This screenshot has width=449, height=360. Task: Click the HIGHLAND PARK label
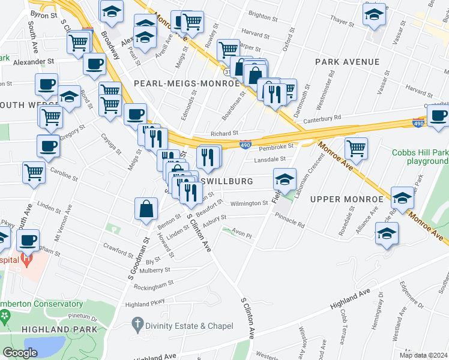(x=51, y=329)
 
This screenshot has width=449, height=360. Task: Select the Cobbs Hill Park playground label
(x=420, y=157)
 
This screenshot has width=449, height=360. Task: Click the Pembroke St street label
(x=276, y=146)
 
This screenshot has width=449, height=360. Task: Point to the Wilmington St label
(x=249, y=203)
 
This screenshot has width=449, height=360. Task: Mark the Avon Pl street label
(x=243, y=236)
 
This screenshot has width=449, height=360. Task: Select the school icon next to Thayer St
(x=375, y=16)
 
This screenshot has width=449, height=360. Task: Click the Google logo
(x=20, y=353)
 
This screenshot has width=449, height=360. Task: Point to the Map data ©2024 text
(x=424, y=355)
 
